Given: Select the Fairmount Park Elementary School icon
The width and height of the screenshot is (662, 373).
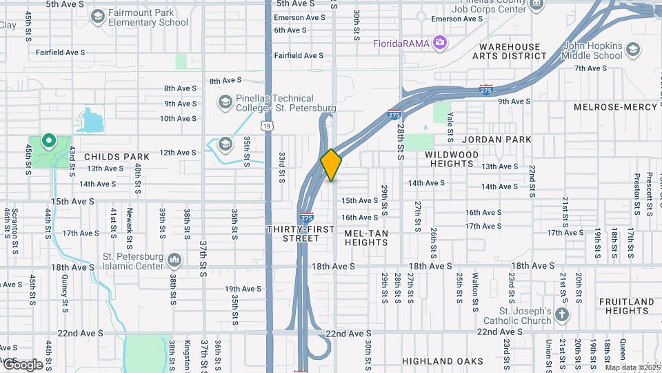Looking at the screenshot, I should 97,15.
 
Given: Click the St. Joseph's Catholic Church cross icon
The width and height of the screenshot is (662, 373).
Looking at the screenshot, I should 562,316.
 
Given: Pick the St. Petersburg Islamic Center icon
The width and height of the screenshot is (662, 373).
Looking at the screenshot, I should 174,260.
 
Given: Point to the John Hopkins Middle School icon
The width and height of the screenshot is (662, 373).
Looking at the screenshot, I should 632,49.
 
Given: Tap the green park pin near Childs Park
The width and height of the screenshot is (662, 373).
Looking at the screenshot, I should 48,142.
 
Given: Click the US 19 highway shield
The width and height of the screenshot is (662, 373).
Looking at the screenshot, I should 267,126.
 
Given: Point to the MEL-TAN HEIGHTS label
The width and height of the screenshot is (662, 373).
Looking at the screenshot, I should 366,238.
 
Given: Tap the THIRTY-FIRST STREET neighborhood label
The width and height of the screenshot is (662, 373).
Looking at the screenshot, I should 292,233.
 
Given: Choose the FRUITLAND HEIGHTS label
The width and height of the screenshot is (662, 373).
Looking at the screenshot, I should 626,306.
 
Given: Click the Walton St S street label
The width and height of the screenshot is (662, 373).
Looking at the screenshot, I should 475,287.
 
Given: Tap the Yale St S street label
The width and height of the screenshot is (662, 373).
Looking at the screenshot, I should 450,124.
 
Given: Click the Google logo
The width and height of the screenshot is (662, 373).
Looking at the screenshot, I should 23,364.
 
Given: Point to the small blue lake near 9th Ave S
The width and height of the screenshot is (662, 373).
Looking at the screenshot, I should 90,120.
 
